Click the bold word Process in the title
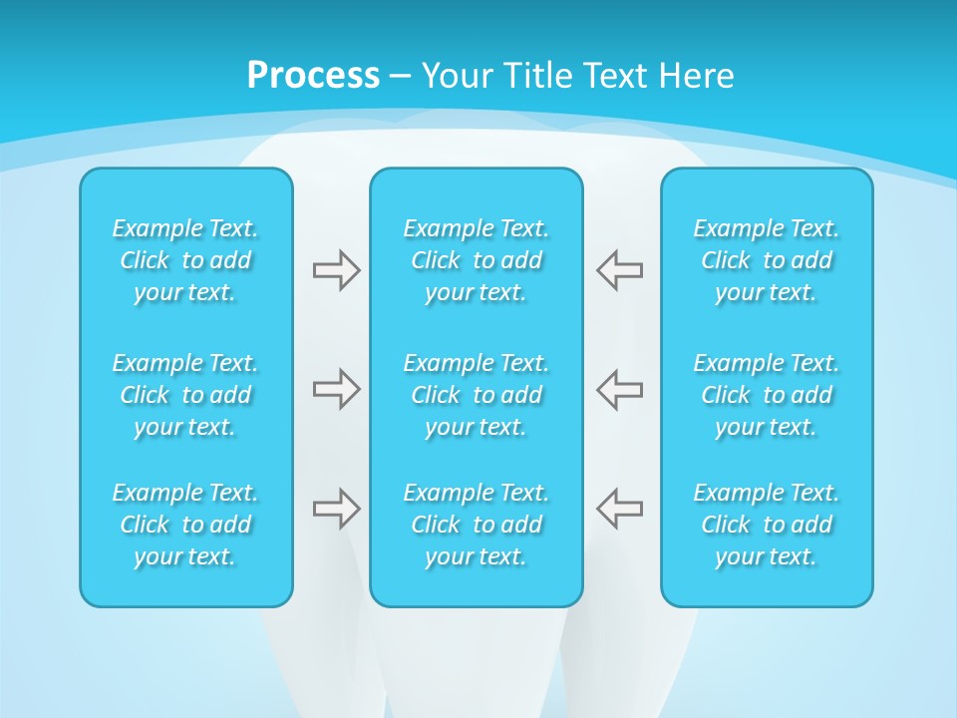313,76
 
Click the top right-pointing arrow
336,270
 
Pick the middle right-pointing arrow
336,389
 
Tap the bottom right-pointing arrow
336,509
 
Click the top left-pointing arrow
620,270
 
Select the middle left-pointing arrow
620,389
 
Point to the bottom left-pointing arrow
620,509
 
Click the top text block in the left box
185,260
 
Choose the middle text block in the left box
185,395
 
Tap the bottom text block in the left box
185,525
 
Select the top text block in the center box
476,260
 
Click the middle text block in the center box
476,395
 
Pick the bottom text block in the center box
476,525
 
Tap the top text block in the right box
766,260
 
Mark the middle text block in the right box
766,395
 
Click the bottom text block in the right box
766,525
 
